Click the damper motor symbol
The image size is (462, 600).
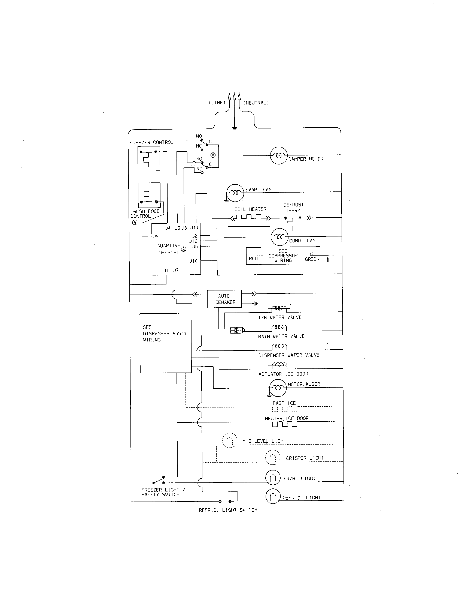[279, 155]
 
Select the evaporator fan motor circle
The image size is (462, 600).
[235, 193]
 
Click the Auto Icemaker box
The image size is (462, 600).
[224, 299]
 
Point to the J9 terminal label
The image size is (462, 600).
[156, 236]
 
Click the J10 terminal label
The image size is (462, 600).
[193, 261]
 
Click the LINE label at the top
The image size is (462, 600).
[217, 103]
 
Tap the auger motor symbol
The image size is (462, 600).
[278, 388]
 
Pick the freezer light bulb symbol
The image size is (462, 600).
[273, 478]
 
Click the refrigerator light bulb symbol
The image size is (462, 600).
[273, 496]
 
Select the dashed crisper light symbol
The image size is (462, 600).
[273, 457]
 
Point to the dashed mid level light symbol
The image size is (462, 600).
[229, 440]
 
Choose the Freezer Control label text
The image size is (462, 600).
[151, 142]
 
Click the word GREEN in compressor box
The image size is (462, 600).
[312, 259]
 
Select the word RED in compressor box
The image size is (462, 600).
[253, 259]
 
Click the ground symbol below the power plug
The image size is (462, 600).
[234, 128]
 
